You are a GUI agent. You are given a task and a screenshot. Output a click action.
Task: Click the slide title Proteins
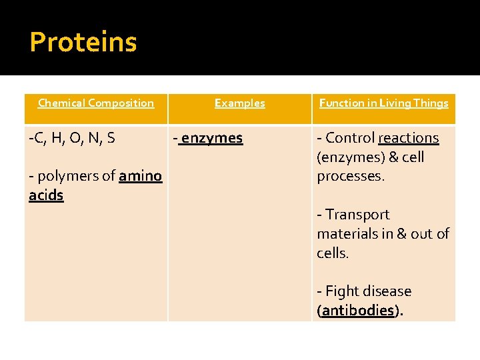click(x=83, y=42)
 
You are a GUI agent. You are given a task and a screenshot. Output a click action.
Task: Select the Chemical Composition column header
click(x=96, y=103)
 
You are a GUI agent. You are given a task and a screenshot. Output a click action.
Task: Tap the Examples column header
click(x=239, y=103)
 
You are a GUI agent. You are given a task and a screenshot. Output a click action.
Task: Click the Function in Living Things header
click(x=383, y=103)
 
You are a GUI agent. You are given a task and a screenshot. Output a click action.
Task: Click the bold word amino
click(x=140, y=176)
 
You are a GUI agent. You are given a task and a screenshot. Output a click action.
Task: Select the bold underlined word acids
click(x=46, y=195)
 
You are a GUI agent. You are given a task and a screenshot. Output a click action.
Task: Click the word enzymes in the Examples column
click(x=211, y=138)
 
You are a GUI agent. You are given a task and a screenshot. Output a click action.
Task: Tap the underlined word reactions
click(x=408, y=138)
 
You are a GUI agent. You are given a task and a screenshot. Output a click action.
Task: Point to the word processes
click(x=350, y=177)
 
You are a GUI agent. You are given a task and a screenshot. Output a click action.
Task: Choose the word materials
click(x=347, y=234)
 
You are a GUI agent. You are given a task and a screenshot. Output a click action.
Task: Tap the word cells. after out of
click(x=333, y=253)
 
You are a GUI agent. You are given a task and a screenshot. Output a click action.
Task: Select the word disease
click(x=387, y=291)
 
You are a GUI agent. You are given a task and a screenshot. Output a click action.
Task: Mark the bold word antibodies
click(x=358, y=311)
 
